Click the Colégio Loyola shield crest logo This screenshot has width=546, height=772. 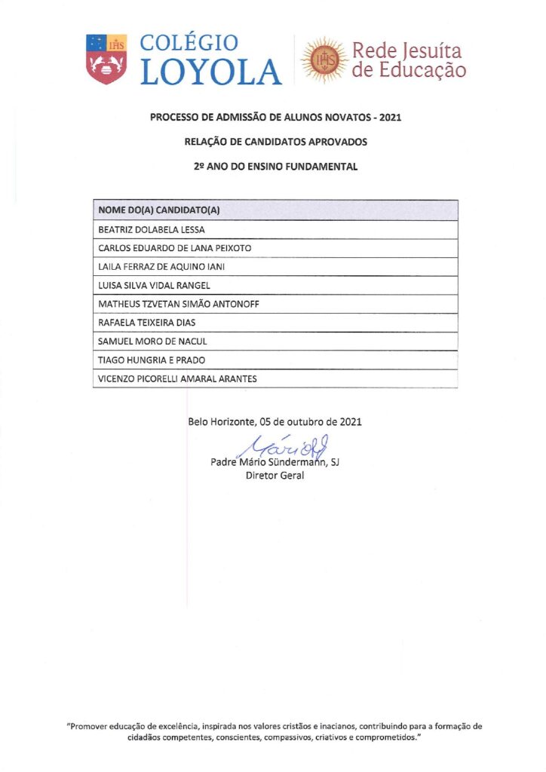(106, 59)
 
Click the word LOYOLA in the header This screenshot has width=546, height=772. (211, 72)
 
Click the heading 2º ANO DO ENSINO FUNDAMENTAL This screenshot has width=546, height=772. (275, 167)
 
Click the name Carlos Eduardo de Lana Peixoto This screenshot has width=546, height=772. (175, 248)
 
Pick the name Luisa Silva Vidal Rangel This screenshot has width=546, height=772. (155, 286)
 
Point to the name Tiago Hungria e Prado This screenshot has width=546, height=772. (152, 360)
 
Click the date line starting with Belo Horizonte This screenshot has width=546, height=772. (275, 421)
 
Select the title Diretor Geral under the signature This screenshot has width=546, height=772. (275, 476)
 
